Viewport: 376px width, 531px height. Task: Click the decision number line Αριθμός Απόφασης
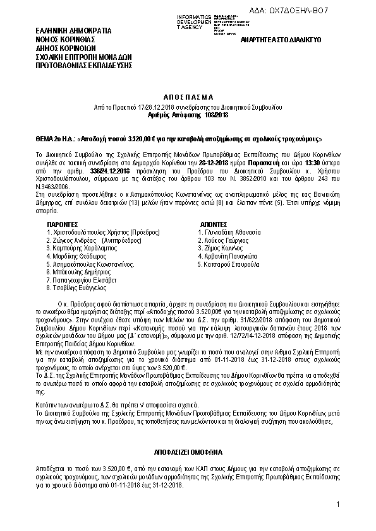(x=188, y=115)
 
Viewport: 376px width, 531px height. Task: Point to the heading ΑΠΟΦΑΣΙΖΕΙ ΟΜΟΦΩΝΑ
(x=188, y=453)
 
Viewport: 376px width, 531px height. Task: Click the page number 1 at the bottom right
(x=339, y=504)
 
